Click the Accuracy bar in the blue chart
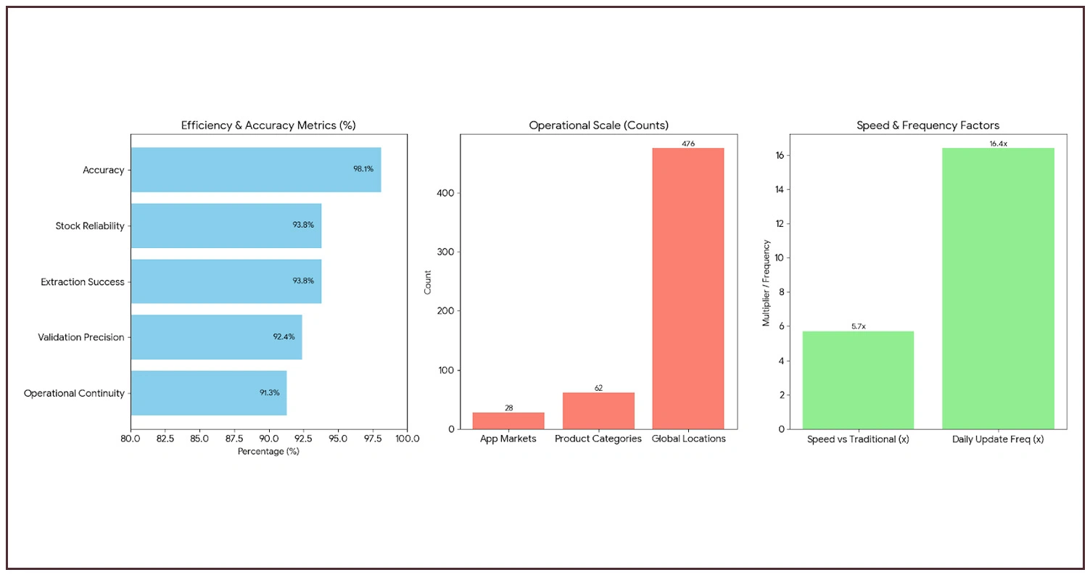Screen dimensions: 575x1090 255,170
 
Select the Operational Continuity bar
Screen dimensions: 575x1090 208,393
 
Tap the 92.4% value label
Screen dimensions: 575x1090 284,337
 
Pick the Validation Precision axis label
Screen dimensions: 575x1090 81,337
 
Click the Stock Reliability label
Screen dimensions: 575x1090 90,226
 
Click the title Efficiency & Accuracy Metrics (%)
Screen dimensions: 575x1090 268,125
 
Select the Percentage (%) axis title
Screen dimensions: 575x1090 268,452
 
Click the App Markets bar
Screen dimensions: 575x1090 508,421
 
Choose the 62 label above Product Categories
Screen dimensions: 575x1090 598,388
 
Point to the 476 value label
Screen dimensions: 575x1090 688,144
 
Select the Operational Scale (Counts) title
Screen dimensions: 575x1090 598,125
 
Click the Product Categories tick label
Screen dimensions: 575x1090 598,439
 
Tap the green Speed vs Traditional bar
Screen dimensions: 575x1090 858,380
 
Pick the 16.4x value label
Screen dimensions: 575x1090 998,144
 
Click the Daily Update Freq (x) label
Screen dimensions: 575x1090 998,439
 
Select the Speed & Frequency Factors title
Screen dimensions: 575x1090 928,125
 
